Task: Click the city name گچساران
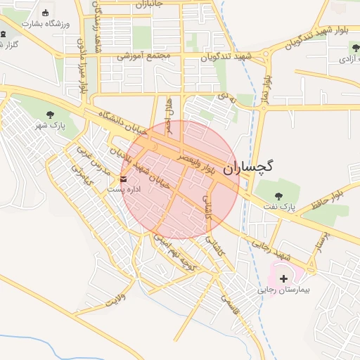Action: pyautogui.click(x=249, y=167)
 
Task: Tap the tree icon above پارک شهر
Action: pyautogui.click(x=49, y=114)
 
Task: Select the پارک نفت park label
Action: pyautogui.click(x=279, y=207)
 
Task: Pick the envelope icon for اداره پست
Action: pyautogui.click(x=124, y=179)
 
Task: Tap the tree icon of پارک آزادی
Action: pyautogui.click(x=356, y=46)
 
